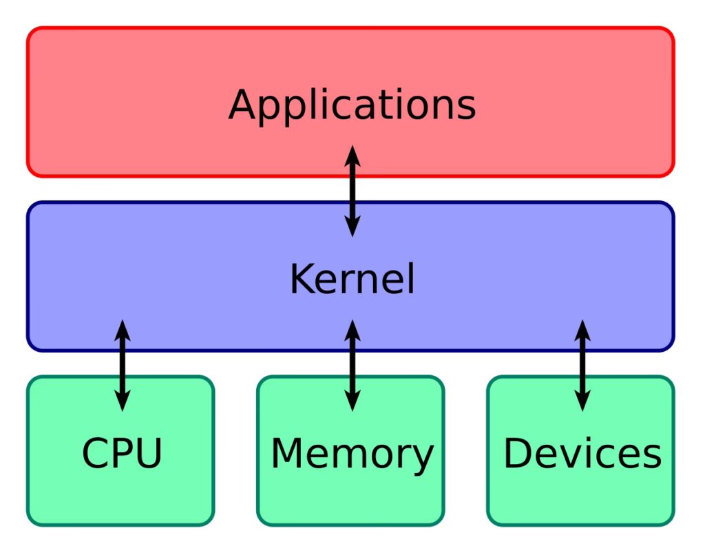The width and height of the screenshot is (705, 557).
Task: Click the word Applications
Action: (352, 106)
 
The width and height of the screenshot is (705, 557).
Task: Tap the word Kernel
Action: (352, 280)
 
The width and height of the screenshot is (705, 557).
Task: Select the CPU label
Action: (122, 454)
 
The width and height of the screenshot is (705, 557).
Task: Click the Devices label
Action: (582, 454)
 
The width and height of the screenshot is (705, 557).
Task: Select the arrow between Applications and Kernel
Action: (352, 191)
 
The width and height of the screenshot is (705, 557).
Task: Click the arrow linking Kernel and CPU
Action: (122, 366)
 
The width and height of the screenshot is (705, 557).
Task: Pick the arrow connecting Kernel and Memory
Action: (352, 366)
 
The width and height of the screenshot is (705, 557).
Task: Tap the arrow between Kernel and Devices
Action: (582, 366)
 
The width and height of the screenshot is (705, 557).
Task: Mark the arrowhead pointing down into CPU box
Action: (122, 402)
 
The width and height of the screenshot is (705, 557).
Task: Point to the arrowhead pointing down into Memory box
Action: (352, 402)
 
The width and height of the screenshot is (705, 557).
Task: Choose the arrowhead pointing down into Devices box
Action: (582, 402)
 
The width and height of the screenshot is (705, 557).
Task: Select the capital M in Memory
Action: (288, 454)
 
